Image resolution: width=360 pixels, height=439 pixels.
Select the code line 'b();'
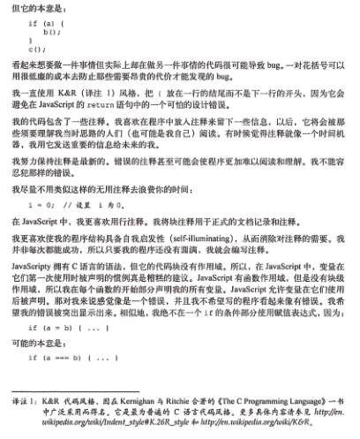pos(51,31)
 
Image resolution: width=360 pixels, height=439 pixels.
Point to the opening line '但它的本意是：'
pos(37,6)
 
